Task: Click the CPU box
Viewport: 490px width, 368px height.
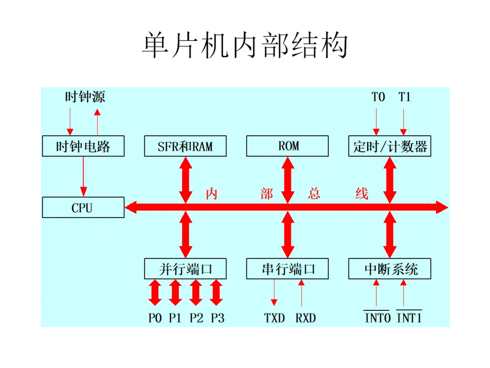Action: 83,208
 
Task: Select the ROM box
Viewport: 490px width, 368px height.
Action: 287,146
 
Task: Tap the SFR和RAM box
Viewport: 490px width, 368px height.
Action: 185,146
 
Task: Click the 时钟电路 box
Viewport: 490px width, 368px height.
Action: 83,146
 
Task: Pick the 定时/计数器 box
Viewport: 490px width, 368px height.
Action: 390,146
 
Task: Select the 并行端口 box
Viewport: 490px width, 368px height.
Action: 185,269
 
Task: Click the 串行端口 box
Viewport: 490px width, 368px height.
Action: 287,269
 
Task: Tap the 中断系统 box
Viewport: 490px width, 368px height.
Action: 390,269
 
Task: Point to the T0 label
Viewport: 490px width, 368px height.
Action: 378,97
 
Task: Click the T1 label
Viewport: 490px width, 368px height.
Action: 404,97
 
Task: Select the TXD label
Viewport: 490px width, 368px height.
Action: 274,318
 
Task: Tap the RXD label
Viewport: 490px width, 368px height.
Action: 305,318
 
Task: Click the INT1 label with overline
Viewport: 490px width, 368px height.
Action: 409,318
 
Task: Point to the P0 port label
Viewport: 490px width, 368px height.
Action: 155,318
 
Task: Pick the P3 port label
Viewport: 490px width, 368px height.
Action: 217,318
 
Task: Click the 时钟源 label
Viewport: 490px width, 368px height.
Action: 85,97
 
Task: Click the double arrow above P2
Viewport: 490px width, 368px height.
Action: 196,293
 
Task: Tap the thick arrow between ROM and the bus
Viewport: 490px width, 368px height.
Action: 287,179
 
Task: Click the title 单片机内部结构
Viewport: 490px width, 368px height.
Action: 245,45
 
